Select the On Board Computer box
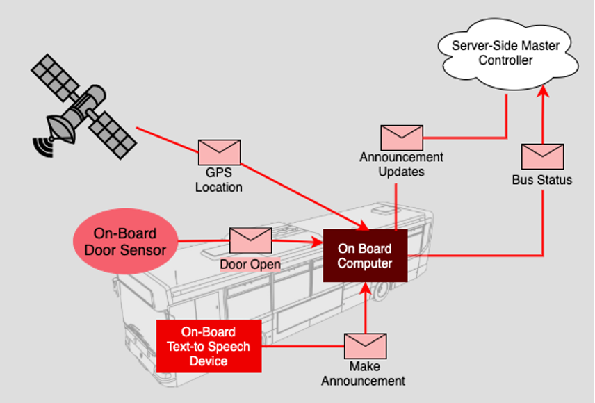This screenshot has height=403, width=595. click(x=365, y=256)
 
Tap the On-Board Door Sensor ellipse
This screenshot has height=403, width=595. click(x=126, y=242)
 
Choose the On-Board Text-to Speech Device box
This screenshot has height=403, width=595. click(x=209, y=346)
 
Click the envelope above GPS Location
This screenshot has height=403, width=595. click(x=219, y=152)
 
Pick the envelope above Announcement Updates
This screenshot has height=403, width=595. click(x=401, y=138)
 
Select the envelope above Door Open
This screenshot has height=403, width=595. click(x=250, y=240)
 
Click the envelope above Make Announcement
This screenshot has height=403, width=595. click(x=365, y=346)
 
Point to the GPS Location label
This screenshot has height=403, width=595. click(x=219, y=181)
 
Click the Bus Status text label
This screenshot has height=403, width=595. click(x=542, y=181)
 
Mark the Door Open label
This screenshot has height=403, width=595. click(x=250, y=265)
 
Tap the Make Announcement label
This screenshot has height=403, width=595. click(x=363, y=374)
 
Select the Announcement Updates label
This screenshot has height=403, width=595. click(x=401, y=164)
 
